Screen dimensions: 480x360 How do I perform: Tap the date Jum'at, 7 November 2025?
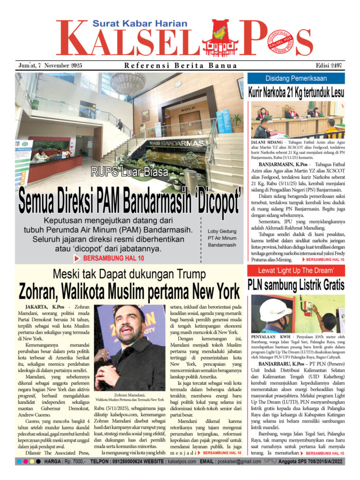49,65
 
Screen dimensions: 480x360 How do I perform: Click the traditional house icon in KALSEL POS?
221,39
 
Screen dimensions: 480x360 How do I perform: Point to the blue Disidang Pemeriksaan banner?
296,79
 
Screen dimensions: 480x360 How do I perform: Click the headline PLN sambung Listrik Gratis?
296,285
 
